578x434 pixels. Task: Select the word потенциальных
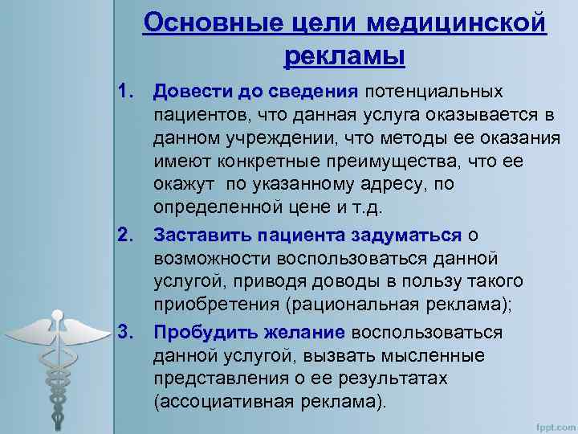click(436, 94)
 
